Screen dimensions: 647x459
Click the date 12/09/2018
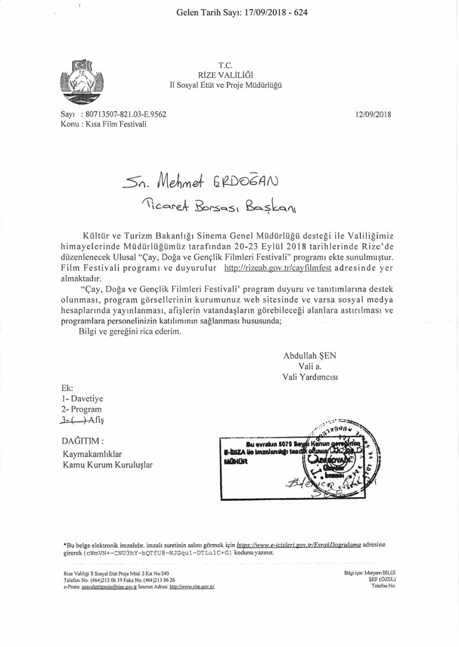pyautogui.click(x=373, y=114)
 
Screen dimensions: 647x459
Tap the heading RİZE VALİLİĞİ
pyautogui.click(x=226, y=75)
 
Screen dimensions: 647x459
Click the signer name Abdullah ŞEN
pyautogui.click(x=309, y=356)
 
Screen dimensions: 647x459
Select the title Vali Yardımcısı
pyautogui.click(x=310, y=376)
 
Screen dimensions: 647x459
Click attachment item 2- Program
pyautogui.click(x=82, y=409)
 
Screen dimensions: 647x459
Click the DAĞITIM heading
pyautogui.click(x=82, y=440)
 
